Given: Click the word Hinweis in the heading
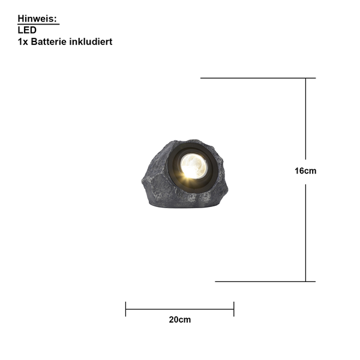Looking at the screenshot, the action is (37, 19).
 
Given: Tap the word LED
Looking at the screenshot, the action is (27, 30).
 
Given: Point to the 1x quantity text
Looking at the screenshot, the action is (23, 42).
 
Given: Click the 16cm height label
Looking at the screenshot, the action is (305, 171).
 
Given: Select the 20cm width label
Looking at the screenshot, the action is (180, 320).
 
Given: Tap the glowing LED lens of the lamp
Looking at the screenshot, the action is (194, 166).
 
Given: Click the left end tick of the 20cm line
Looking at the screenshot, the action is (125, 309).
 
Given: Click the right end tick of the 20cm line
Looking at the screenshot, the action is (234, 309).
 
